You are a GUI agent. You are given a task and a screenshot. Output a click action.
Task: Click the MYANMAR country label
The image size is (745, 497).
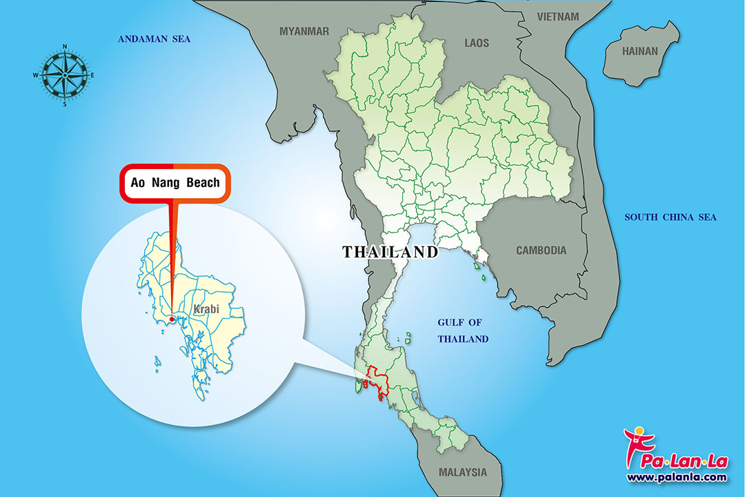pos(304,31)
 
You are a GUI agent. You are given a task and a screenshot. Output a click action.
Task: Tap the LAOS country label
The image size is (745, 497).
pos(477,43)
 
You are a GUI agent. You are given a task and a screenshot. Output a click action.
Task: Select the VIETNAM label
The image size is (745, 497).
pos(559,15)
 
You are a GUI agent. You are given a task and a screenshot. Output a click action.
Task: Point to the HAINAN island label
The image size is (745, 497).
pos(640,51)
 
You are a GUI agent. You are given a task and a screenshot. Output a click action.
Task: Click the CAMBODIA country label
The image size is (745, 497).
pos(542,251)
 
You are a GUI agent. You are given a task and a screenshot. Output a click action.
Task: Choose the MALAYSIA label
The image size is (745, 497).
pos(462,473)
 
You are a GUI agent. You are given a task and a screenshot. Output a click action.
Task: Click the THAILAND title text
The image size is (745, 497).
pos(390,252)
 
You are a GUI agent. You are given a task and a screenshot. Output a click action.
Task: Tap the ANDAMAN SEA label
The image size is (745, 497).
pos(154,39)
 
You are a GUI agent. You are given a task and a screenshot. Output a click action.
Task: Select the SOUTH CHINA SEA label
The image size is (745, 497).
pos(670,217)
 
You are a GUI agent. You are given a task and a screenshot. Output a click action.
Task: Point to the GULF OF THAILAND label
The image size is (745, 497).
pos(463,331)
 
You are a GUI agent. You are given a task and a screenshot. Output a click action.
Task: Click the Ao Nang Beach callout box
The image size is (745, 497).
pos(175,184)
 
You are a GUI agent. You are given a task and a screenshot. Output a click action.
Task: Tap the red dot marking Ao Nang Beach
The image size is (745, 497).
pos(171,319)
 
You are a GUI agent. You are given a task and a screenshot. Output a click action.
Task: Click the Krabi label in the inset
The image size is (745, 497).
pos(206,309)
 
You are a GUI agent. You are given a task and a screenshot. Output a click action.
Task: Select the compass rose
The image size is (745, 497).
pos(65,75)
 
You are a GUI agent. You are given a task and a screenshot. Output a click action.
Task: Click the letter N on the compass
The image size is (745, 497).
pos(65,47)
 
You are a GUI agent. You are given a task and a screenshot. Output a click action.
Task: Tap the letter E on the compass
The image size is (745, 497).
pos(92,75)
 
